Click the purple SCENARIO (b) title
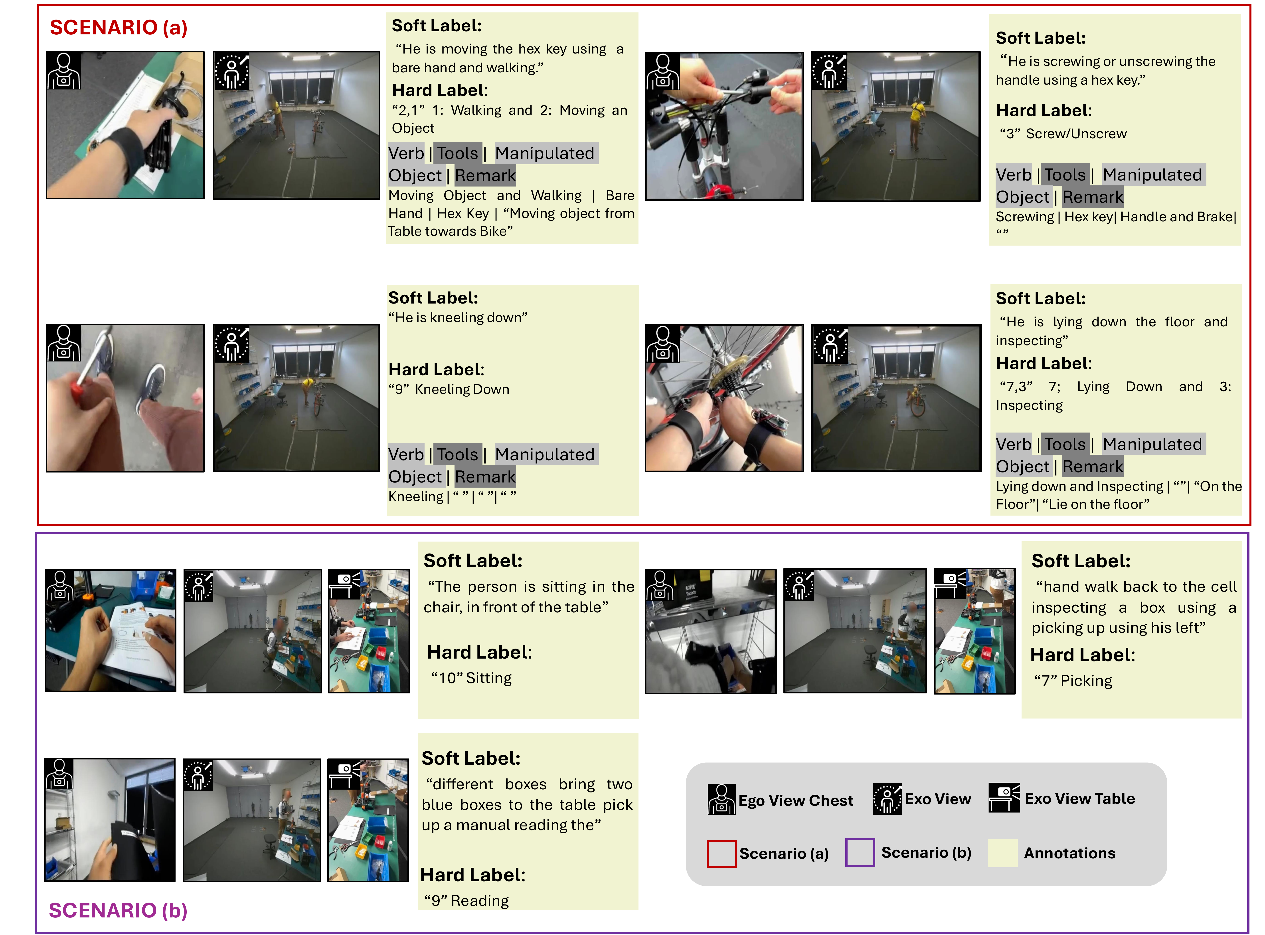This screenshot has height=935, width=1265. coord(118,910)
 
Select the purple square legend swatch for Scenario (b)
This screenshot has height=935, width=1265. coord(860,852)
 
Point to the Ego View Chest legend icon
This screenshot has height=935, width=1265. coord(721,799)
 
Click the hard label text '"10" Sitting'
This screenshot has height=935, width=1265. coord(471,678)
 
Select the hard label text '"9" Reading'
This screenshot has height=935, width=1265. coord(466,901)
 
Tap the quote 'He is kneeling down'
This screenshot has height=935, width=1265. coord(458,318)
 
